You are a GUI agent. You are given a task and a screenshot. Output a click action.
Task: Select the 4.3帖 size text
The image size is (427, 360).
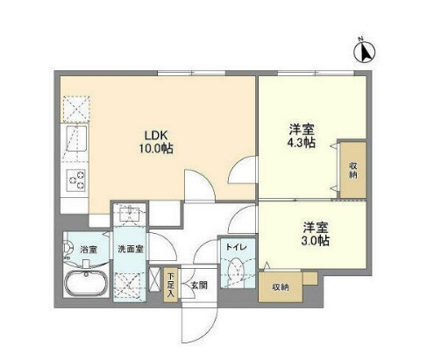point(302,145)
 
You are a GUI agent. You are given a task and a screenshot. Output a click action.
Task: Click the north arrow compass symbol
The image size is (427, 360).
point(365,53)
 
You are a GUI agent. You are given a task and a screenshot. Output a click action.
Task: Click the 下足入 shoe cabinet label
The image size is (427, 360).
point(171,286)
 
